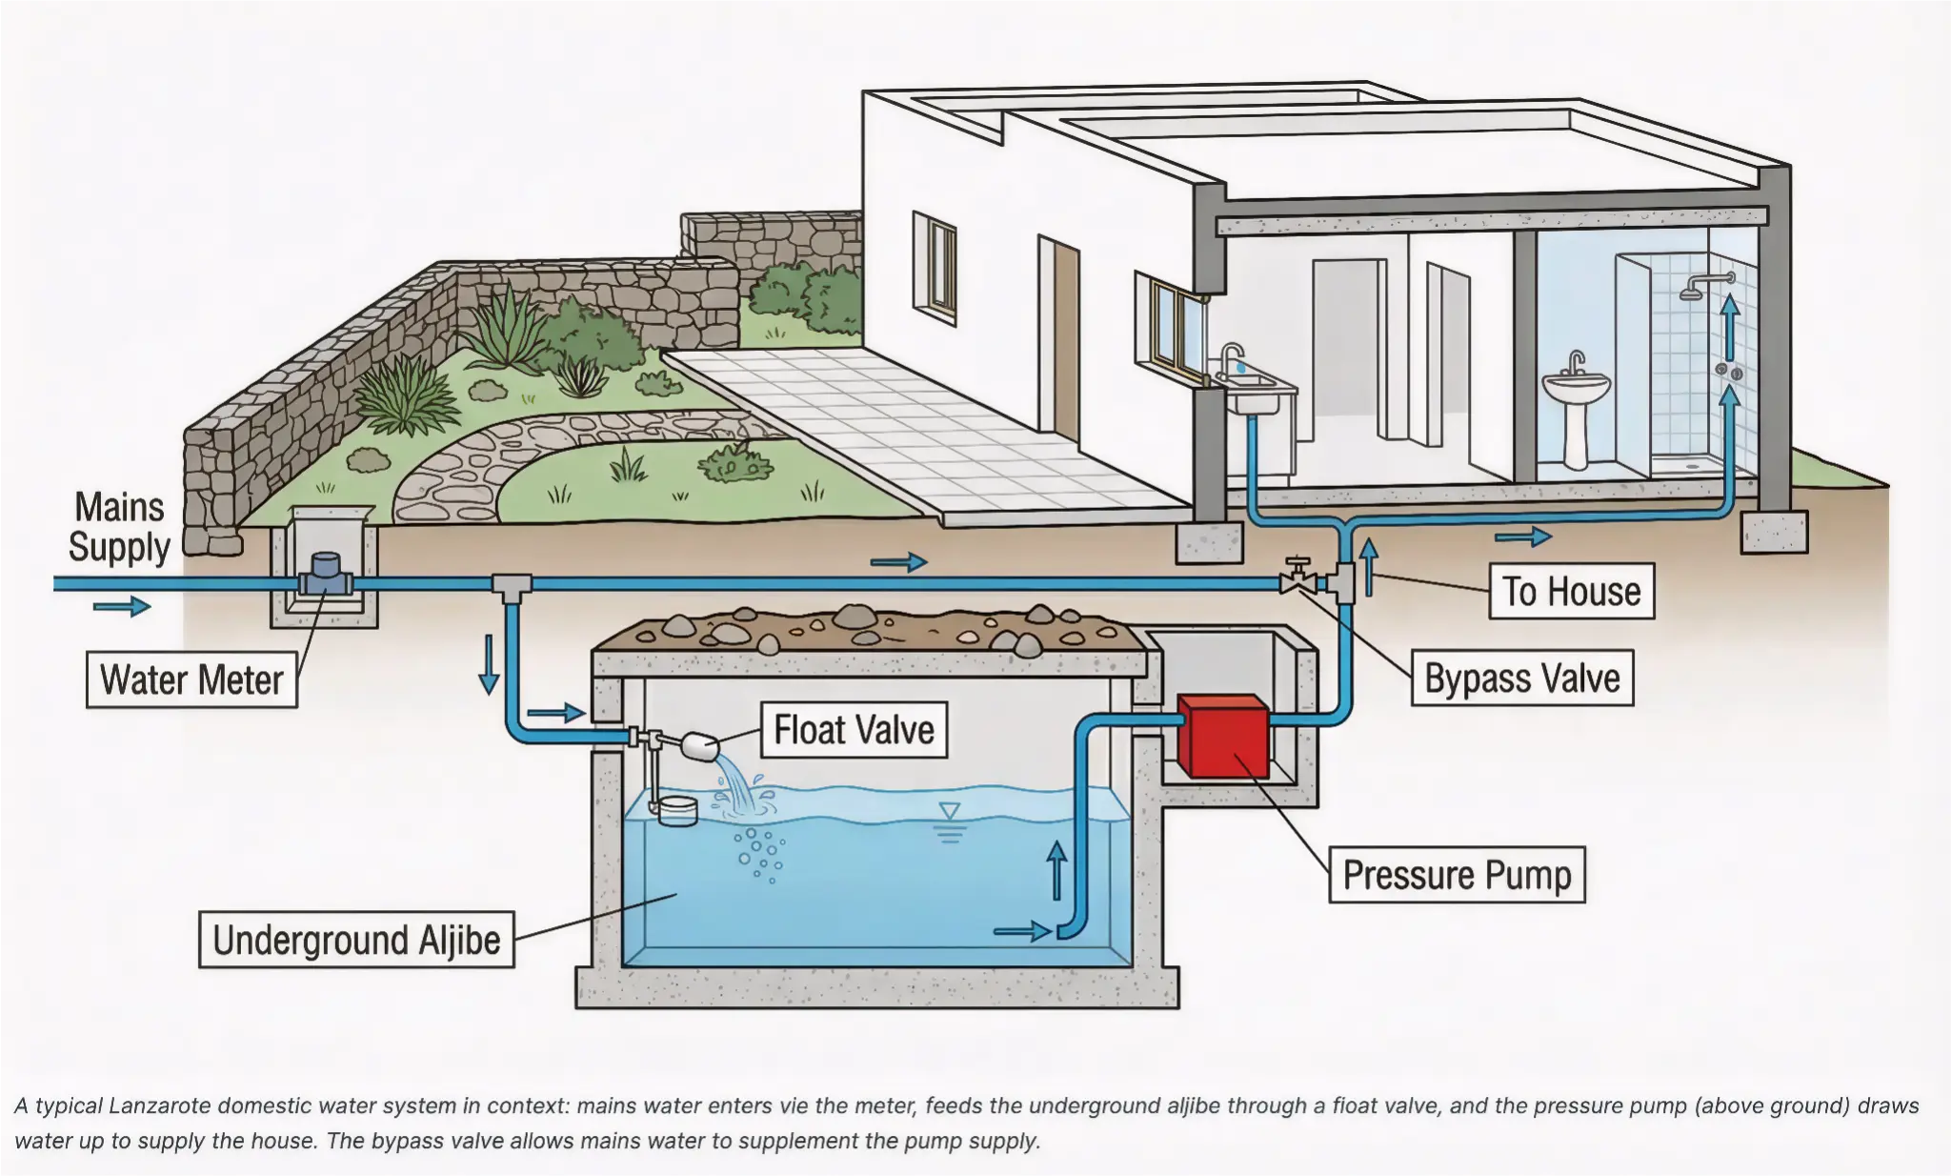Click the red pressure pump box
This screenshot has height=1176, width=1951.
pyautogui.click(x=1223, y=737)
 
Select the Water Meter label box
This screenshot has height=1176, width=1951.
pyautogui.click(x=191, y=679)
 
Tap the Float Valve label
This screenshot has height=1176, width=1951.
pyautogui.click(x=854, y=730)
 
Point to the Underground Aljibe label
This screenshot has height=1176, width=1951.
pyautogui.click(x=356, y=940)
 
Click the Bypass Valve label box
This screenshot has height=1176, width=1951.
pyautogui.click(x=1521, y=678)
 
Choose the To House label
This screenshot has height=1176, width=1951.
pyautogui.click(x=1571, y=591)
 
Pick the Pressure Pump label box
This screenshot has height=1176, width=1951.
pyautogui.click(x=1457, y=875)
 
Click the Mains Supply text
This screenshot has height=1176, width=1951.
pyautogui.click(x=119, y=527)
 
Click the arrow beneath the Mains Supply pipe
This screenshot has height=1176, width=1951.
pyautogui.click(x=122, y=606)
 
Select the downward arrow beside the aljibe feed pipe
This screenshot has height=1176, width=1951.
pyautogui.click(x=489, y=664)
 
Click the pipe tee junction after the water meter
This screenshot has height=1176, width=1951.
pyautogui.click(x=512, y=584)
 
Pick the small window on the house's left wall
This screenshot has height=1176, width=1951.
pyautogui.click(x=935, y=266)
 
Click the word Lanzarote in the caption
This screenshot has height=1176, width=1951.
pyautogui.click(x=161, y=1105)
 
